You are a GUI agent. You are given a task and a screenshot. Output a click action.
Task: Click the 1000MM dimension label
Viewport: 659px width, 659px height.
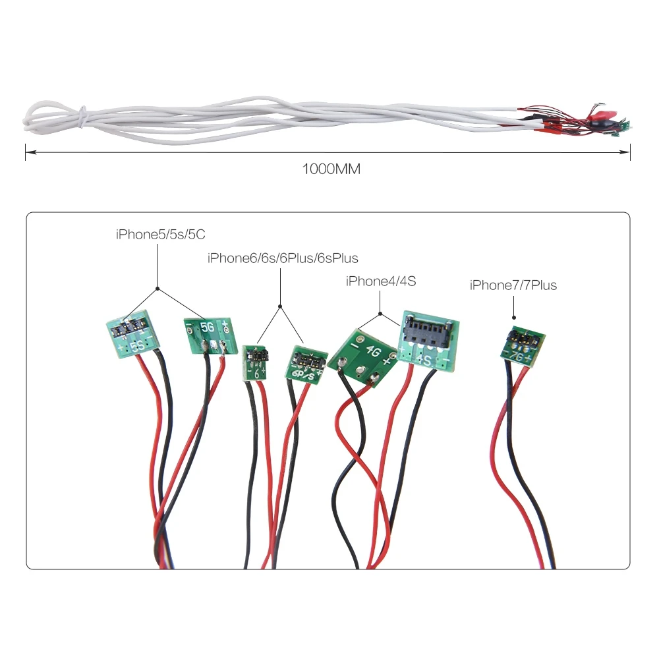tap(331, 169)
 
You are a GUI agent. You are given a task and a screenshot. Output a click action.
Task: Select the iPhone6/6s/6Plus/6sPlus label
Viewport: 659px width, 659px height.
tap(283, 258)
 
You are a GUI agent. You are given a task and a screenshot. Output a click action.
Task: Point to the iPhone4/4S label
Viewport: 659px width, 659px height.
tap(381, 281)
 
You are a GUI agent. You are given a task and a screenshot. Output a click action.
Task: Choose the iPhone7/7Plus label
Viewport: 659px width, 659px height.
tap(513, 285)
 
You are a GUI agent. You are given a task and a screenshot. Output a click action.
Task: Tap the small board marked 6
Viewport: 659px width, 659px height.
tap(254, 362)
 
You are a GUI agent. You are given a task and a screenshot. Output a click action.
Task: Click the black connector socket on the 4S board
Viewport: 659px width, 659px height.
tap(429, 327)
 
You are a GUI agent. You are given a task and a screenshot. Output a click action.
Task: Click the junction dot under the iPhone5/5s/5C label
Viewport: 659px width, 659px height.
tap(157, 288)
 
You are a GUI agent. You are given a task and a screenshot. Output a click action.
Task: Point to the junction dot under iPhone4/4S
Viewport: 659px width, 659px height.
tap(381, 312)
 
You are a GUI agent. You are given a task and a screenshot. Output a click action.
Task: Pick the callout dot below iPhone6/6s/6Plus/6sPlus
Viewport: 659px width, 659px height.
tap(280, 305)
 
